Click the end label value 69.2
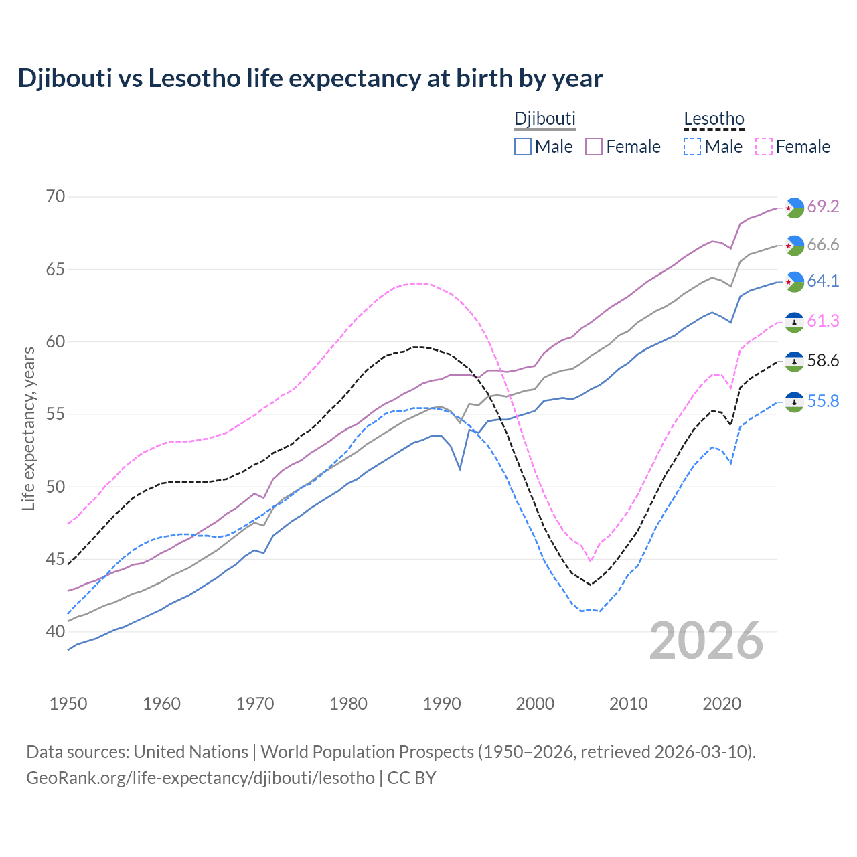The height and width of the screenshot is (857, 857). point(823,207)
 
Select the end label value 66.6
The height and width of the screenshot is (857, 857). point(823,245)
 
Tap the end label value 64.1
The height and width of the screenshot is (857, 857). point(823,281)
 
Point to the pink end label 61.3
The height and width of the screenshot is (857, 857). point(823,321)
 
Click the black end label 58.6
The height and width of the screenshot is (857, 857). point(823,361)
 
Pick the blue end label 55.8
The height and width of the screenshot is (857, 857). point(823,401)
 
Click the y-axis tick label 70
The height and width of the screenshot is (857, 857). point(56,197)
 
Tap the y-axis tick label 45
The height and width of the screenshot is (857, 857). point(56,559)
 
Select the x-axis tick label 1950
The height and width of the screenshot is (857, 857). point(68,704)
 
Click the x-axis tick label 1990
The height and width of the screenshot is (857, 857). point(442,704)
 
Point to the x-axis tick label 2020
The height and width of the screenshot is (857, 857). point(722,704)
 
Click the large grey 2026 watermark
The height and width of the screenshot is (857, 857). point(706,641)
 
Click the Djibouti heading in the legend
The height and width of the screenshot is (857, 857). point(544,119)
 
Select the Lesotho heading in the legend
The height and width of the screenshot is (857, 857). point(714,119)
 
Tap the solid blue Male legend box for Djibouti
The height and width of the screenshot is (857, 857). point(523,147)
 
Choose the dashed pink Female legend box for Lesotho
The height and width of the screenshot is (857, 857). point(764,147)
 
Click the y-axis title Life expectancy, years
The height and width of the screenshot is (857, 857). point(28,428)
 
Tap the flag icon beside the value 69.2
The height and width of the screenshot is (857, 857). point(794,208)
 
